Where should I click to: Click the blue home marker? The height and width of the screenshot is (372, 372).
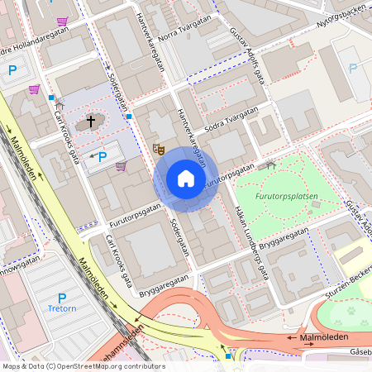point(186,179)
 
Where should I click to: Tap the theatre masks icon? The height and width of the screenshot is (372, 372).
point(159,149)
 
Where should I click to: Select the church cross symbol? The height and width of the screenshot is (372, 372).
point(90,122)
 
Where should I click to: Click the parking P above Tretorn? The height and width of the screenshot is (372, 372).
point(61,297)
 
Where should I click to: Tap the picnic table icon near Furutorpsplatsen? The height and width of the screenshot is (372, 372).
point(267,165)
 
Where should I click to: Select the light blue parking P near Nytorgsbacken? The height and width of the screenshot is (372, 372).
point(354,69)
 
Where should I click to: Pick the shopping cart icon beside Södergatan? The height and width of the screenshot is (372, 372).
point(122,166)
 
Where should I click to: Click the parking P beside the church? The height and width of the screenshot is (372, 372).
point(103,156)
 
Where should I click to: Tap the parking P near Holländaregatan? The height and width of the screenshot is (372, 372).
point(12,71)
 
